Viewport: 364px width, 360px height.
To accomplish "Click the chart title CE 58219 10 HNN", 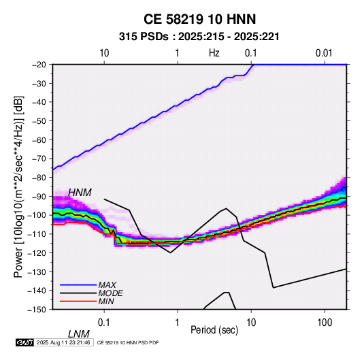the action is tap(199, 19).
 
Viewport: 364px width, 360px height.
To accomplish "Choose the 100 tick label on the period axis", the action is tap(325, 323).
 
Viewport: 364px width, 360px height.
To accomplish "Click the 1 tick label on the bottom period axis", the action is tap(178, 323).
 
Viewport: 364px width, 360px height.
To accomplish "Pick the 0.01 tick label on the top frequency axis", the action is tap(324, 53).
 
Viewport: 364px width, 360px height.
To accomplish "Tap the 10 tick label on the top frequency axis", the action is tap(104, 53).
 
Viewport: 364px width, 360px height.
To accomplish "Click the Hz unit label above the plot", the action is tap(214, 53).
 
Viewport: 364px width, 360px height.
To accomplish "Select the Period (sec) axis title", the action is tap(214, 330).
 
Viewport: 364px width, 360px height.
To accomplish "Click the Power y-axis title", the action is tap(18, 186).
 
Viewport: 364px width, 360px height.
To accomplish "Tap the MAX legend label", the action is tap(107, 284).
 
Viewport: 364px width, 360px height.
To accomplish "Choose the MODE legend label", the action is tap(110, 293).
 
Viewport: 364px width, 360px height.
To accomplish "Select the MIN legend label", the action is tap(106, 301).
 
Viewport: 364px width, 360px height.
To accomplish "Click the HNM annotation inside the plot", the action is tap(80, 193).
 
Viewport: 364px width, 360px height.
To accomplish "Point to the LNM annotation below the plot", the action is tap(79, 334).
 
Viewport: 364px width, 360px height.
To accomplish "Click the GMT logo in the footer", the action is tap(24, 342).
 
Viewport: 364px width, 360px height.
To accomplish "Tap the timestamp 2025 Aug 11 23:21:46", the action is tap(63, 342).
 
